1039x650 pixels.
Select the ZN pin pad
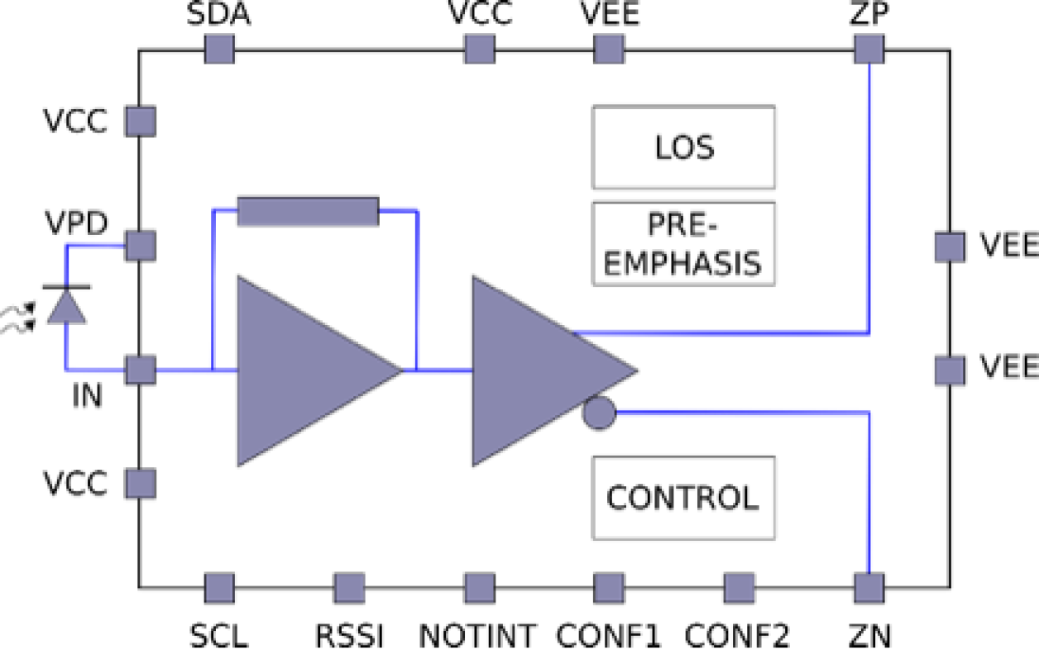click(x=869, y=588)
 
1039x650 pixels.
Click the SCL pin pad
click(x=219, y=588)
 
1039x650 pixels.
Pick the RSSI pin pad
click(x=349, y=588)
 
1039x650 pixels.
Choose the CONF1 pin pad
click(x=609, y=588)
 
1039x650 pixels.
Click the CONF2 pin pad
click(x=739, y=588)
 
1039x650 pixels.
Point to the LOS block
click(x=683, y=147)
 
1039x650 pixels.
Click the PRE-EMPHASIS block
click(x=683, y=244)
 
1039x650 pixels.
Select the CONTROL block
click(x=683, y=498)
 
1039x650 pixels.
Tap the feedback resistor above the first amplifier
click(x=308, y=211)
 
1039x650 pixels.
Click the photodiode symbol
click(x=67, y=304)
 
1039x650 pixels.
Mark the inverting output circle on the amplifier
click(x=599, y=412)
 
